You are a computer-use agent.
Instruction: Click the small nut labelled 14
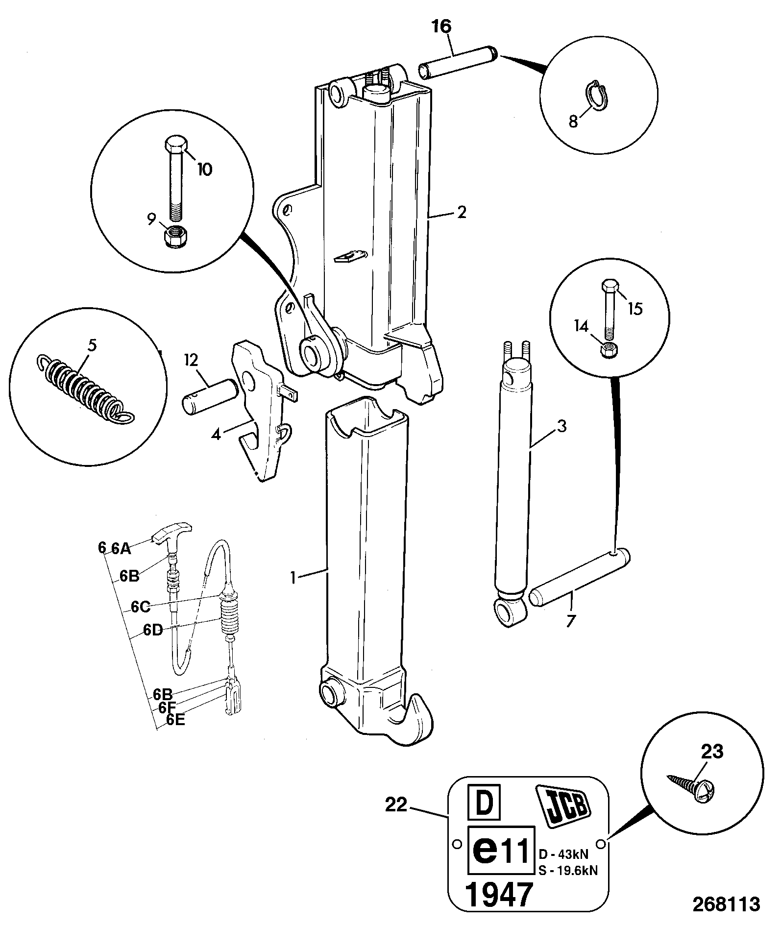(610, 349)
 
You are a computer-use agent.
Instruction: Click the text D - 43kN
(564, 854)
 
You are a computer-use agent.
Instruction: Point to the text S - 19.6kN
(568, 870)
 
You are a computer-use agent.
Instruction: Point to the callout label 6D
(153, 630)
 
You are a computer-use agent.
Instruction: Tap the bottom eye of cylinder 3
(510, 612)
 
